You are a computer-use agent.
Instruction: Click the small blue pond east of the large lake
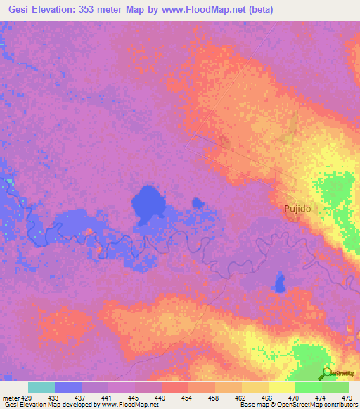click(x=198, y=204)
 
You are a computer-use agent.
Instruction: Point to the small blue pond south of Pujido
click(x=279, y=283)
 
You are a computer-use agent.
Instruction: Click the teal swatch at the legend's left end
click(x=41, y=387)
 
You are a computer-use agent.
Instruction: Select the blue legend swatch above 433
click(x=68, y=387)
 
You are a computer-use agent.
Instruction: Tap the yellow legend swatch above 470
click(x=282, y=387)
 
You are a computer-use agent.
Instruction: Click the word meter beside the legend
click(x=11, y=398)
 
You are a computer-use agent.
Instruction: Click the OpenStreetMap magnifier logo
click(x=326, y=373)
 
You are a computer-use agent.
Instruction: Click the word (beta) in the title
click(x=257, y=10)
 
